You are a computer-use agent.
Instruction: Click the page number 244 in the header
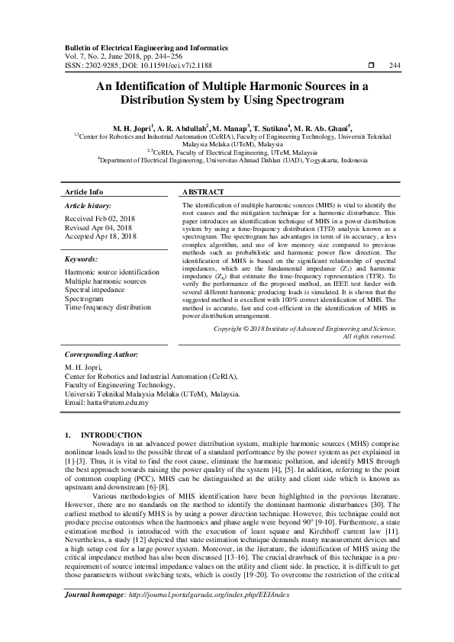click(394, 66)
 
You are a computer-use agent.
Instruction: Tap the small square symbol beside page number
click(371, 66)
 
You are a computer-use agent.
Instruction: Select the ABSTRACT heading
click(204, 192)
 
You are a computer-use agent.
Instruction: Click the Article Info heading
click(84, 192)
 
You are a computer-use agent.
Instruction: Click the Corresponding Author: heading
click(101, 355)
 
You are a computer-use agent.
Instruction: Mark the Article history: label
click(88, 206)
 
